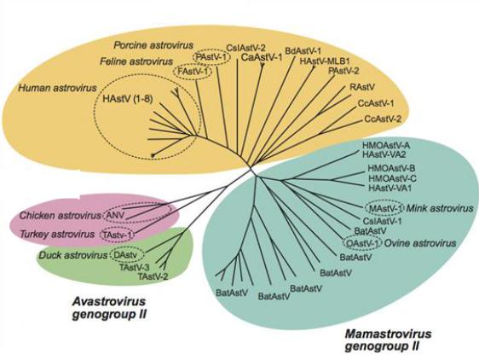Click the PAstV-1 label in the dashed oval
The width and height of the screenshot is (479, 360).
[x=211, y=57]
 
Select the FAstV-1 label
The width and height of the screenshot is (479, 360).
[x=193, y=73]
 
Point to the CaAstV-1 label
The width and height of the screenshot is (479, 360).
[x=262, y=57]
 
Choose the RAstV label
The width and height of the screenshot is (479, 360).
[x=362, y=87]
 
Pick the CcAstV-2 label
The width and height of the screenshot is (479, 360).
[x=383, y=119]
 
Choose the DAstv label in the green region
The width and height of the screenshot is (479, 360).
[x=127, y=255]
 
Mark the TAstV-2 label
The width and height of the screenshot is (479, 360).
[x=153, y=276]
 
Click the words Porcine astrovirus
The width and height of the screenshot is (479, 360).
[x=153, y=45]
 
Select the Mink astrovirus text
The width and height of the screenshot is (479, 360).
[x=439, y=209]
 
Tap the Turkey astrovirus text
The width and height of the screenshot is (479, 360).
[x=57, y=235]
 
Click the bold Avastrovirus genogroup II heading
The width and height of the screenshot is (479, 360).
[x=109, y=308]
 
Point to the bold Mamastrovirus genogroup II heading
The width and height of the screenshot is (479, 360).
[x=388, y=340]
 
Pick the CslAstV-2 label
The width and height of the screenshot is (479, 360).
[x=246, y=48]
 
